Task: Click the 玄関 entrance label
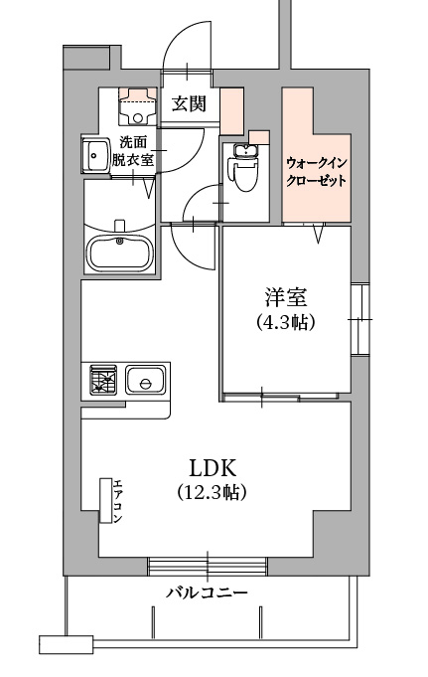click(189, 103)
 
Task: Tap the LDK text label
click(214, 467)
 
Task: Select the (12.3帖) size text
click(212, 491)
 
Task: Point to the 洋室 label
click(285, 298)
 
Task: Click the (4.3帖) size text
click(285, 322)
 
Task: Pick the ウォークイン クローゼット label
click(317, 171)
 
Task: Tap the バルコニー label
click(208, 592)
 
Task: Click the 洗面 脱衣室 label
click(133, 151)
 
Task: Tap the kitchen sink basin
click(145, 380)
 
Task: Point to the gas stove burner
click(103, 380)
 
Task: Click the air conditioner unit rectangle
click(105, 500)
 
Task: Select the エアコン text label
click(118, 501)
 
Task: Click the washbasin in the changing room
click(96, 155)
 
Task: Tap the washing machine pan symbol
click(138, 105)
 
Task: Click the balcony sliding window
click(208, 566)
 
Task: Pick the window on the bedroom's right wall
click(359, 319)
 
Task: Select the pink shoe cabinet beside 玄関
click(231, 111)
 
